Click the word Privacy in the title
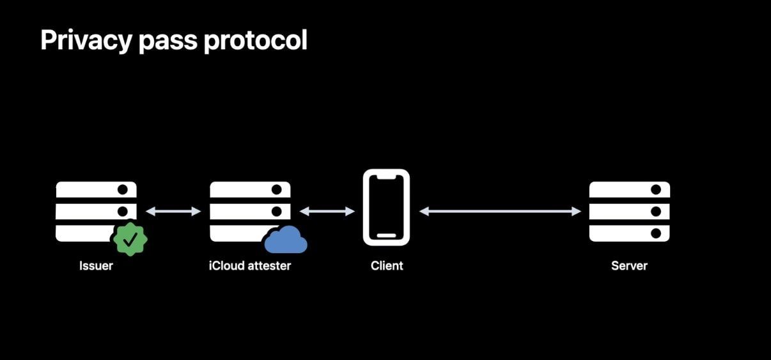click(x=82, y=40)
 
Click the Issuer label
click(x=96, y=265)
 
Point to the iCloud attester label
click(x=249, y=265)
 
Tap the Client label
click(x=387, y=265)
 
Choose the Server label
click(x=629, y=265)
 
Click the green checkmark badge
click(x=130, y=239)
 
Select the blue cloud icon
click(x=286, y=240)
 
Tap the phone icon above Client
click(x=386, y=208)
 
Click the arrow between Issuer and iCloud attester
click(x=173, y=211)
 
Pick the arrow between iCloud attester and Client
click(x=327, y=211)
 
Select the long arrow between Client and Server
click(x=500, y=211)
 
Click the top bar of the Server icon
click(x=629, y=190)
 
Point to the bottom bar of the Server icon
click(x=629, y=233)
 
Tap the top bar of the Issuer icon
click(x=96, y=190)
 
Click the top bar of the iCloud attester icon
click(x=250, y=190)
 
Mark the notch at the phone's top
click(x=386, y=176)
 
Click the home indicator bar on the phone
click(x=386, y=235)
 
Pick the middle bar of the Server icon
click(x=629, y=211)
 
